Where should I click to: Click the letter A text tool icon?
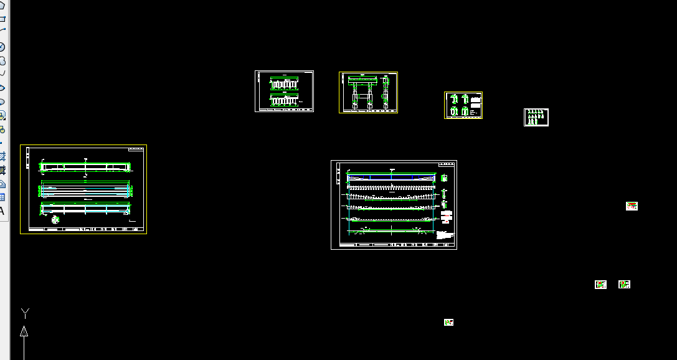tap(2, 211)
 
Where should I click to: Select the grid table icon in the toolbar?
tap(2, 197)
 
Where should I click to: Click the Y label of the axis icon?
tap(25, 312)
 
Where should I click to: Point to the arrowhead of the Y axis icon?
tap(24, 331)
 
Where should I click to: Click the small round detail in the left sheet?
tap(55, 219)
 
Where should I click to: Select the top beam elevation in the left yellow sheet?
tap(85, 167)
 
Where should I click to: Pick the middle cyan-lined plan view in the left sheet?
tap(85, 189)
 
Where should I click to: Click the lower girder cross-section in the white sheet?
tap(285, 100)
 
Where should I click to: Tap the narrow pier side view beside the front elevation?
tap(386, 91)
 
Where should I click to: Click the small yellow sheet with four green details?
tap(463, 105)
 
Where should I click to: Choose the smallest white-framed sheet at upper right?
tap(536, 117)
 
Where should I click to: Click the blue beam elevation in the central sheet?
tap(391, 178)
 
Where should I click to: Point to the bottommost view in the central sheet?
tap(391, 232)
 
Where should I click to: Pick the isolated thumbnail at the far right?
tap(632, 206)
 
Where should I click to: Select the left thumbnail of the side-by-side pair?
tap(600, 285)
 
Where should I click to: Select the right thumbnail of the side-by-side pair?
tap(624, 285)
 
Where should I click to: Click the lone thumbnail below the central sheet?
tap(448, 322)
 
